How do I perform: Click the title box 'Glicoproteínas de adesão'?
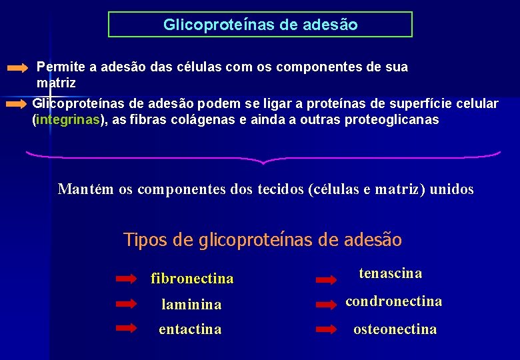[260, 25]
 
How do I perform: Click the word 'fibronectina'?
[192, 279]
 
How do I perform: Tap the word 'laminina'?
[191, 305]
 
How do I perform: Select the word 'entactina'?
[190, 329]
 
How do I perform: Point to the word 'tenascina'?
[390, 273]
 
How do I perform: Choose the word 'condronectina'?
[393, 301]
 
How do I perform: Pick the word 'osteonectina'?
[395, 329]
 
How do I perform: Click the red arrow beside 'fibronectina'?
[126, 278]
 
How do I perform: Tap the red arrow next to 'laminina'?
[126, 304]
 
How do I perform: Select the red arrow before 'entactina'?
[126, 329]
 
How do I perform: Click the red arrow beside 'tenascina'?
[326, 279]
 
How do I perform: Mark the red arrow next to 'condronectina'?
[326, 305]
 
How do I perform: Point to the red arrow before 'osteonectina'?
[326, 329]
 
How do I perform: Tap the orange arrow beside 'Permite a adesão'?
[18, 68]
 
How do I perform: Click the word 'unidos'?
[452, 189]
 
